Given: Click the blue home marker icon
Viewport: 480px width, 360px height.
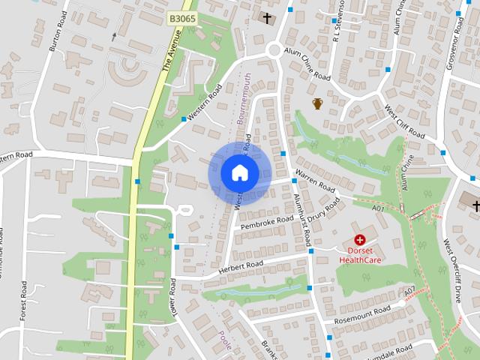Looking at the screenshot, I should [239, 173].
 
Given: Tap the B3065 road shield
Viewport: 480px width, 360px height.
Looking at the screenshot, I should [182, 16].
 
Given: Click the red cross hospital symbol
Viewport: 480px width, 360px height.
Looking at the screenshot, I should [360, 239].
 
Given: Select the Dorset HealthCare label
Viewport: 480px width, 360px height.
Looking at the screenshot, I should [360, 255].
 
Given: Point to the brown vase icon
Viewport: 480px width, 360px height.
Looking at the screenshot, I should [317, 103].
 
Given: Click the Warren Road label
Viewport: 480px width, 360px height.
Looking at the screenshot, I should [315, 181].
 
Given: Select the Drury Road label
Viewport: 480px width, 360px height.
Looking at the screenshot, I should [328, 209].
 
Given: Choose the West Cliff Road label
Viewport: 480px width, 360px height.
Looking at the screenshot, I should [404, 121].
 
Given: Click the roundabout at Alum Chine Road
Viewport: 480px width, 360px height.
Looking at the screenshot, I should [274, 50].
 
